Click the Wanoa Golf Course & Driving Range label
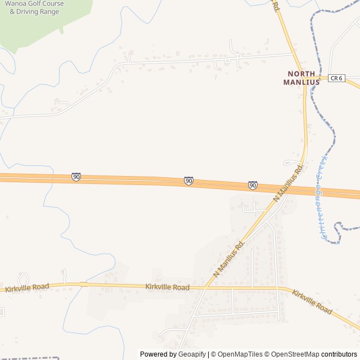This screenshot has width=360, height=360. [x=34, y=7]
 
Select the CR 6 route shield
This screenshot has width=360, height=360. [x=336, y=78]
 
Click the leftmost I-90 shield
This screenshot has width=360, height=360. [x=76, y=177]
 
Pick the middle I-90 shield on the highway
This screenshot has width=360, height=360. [x=188, y=181]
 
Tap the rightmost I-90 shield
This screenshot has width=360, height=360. [x=253, y=185]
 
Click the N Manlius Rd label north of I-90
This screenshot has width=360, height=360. [x=289, y=183]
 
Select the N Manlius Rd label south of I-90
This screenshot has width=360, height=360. [x=230, y=258]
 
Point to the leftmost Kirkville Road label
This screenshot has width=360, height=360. [x=27, y=287]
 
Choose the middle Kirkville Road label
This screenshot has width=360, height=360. [x=167, y=287]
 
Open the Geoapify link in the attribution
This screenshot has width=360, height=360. [x=192, y=354]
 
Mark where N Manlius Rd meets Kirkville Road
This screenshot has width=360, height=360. [x=205, y=287]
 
